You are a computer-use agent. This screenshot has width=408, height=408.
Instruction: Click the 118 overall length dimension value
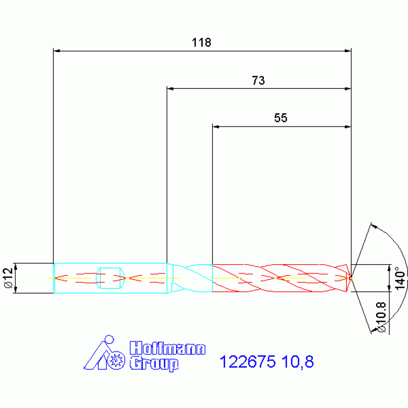tap(202, 43)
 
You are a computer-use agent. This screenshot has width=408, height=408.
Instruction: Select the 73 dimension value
tap(258, 80)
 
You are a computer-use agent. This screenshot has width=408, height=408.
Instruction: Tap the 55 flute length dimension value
tap(280, 118)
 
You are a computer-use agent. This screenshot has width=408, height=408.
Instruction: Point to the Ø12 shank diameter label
tap(9, 278)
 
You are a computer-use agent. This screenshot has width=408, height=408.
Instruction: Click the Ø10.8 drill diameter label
tap(381, 317)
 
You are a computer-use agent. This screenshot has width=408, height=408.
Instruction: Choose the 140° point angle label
tap(400, 278)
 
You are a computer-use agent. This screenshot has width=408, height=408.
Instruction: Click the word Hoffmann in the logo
tap(168, 348)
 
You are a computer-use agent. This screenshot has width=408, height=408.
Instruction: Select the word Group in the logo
tap(154, 364)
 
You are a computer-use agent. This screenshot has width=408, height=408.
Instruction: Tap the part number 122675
tap(247, 362)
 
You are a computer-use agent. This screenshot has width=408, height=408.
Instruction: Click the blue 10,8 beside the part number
tap(297, 362)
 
